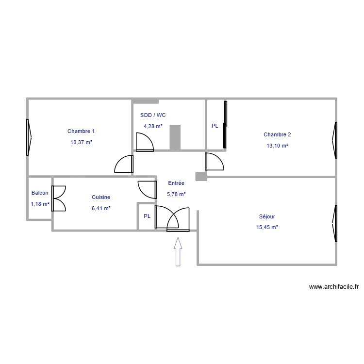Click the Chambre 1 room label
click(x=81, y=131)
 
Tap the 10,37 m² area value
click(x=81, y=142)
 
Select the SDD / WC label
click(x=153, y=115)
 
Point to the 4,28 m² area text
click(x=153, y=126)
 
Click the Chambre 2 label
click(x=277, y=134)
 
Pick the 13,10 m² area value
click(x=277, y=146)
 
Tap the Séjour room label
click(x=267, y=216)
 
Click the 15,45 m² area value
click(x=267, y=227)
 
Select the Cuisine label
click(x=101, y=197)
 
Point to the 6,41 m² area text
click(x=101, y=208)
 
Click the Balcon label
click(x=40, y=193)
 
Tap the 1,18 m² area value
click(x=40, y=204)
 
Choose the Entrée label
click(x=176, y=183)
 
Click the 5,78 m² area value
click(x=176, y=194)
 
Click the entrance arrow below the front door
click(x=178, y=251)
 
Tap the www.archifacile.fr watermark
click(x=333, y=287)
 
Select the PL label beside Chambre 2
click(x=215, y=126)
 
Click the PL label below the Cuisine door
click(x=147, y=216)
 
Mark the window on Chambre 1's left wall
click(x=29, y=137)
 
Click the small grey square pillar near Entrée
click(x=200, y=177)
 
